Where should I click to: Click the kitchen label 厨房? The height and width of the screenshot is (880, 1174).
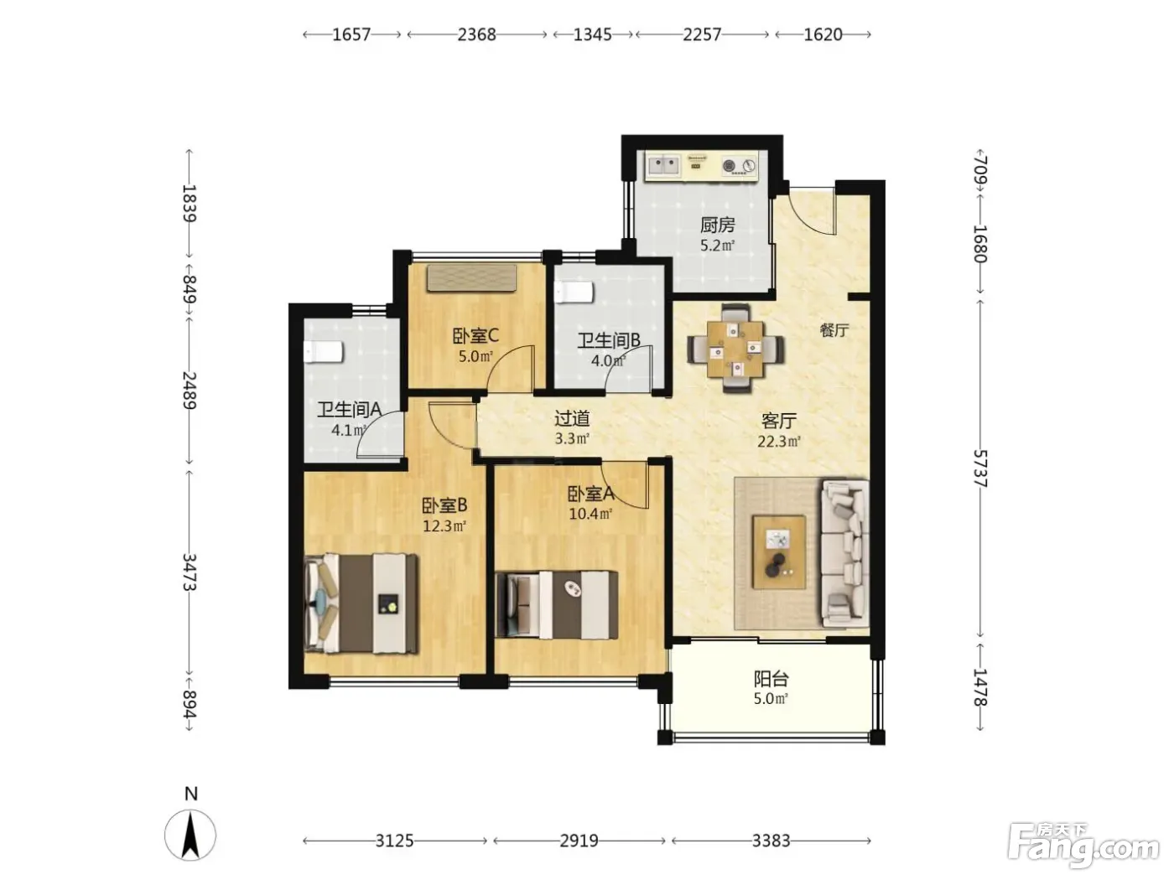(x=717, y=225)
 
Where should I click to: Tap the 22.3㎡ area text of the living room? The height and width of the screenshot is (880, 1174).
(x=778, y=442)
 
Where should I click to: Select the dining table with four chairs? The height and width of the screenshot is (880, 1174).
(x=735, y=348)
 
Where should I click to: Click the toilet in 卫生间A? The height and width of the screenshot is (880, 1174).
(x=323, y=351)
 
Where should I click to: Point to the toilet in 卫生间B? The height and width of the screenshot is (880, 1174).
(x=574, y=292)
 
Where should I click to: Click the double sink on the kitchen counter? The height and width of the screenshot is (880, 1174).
(x=663, y=165)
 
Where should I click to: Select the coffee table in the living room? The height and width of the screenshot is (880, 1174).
(x=778, y=552)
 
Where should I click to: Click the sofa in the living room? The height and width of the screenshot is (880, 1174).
(x=844, y=553)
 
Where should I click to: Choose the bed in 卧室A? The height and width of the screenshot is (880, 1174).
(x=556, y=605)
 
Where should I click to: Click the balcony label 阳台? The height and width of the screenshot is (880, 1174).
(x=771, y=679)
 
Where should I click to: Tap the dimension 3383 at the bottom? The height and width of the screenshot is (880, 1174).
(x=771, y=841)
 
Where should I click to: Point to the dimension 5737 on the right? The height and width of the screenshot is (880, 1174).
(x=979, y=468)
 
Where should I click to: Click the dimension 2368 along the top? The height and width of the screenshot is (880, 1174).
(x=476, y=34)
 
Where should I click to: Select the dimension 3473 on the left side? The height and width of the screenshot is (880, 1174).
(x=190, y=572)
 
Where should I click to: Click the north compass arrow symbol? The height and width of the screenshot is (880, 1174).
(x=190, y=835)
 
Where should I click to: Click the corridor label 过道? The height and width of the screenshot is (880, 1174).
(x=571, y=418)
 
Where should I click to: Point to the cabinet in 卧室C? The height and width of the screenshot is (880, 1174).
(x=471, y=278)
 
